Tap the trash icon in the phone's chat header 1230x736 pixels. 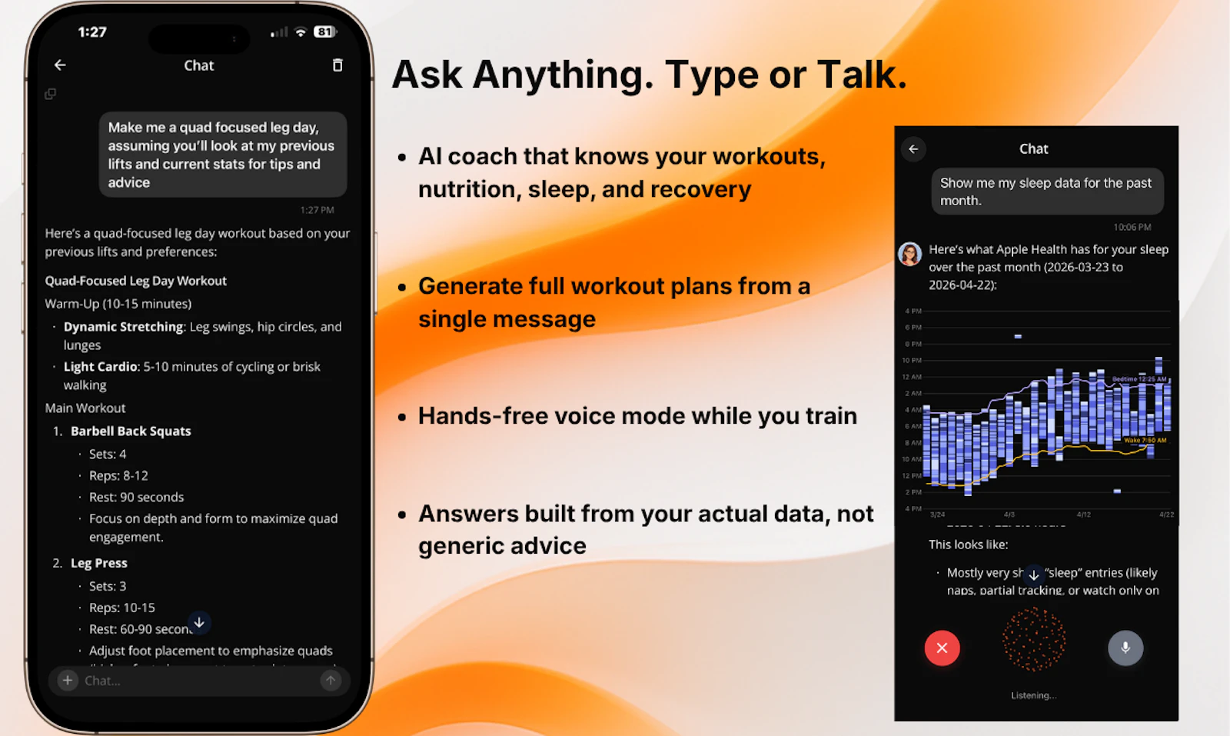[x=337, y=65]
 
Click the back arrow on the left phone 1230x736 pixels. [x=60, y=65]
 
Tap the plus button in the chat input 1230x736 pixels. [x=68, y=680]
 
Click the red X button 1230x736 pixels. [x=942, y=648]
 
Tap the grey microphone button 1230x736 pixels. [x=1125, y=648]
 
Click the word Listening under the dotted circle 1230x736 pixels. [x=1033, y=695]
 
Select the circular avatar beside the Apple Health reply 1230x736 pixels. [x=910, y=254]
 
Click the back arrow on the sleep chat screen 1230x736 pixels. [x=913, y=149]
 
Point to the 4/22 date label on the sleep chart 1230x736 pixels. [x=1166, y=515]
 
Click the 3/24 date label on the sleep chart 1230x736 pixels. [x=937, y=515]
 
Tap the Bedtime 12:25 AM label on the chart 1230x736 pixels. [x=1139, y=379]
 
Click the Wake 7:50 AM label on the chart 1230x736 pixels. [x=1145, y=441]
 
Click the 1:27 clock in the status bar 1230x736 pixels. [x=92, y=32]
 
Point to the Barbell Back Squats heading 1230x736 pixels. [x=131, y=431]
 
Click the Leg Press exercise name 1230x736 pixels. [x=99, y=563]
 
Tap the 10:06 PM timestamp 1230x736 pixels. [x=1132, y=227]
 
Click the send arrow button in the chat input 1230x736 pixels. [x=331, y=680]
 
